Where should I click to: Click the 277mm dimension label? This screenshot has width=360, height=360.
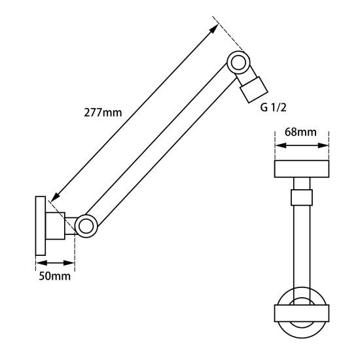click(x=103, y=113)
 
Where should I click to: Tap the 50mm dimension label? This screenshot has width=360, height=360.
click(x=54, y=276)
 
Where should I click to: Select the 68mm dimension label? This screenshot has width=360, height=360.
click(x=300, y=132)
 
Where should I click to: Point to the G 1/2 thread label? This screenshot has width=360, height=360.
click(x=273, y=107)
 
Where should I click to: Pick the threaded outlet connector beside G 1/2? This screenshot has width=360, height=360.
click(x=254, y=90)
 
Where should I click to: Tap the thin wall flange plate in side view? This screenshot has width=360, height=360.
click(x=41, y=226)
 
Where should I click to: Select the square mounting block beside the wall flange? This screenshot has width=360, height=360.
click(x=56, y=226)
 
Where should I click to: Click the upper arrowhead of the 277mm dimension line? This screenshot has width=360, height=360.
click(x=215, y=28)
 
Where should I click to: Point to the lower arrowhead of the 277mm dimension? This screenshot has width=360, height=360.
click(x=55, y=198)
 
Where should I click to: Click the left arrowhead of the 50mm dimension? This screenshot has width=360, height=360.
click(x=41, y=263)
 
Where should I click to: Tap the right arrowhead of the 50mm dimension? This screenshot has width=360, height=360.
click(x=69, y=263)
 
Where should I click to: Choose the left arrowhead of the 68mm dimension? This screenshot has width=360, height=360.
click(x=281, y=145)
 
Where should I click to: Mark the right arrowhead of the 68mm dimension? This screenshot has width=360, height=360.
click(x=323, y=145)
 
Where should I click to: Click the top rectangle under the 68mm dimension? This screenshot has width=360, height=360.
click(x=302, y=169)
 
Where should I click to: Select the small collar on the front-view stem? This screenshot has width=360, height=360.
click(x=302, y=198)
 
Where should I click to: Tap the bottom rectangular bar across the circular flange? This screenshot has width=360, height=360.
click(x=302, y=313)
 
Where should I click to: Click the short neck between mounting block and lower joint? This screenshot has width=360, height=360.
click(x=70, y=226)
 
